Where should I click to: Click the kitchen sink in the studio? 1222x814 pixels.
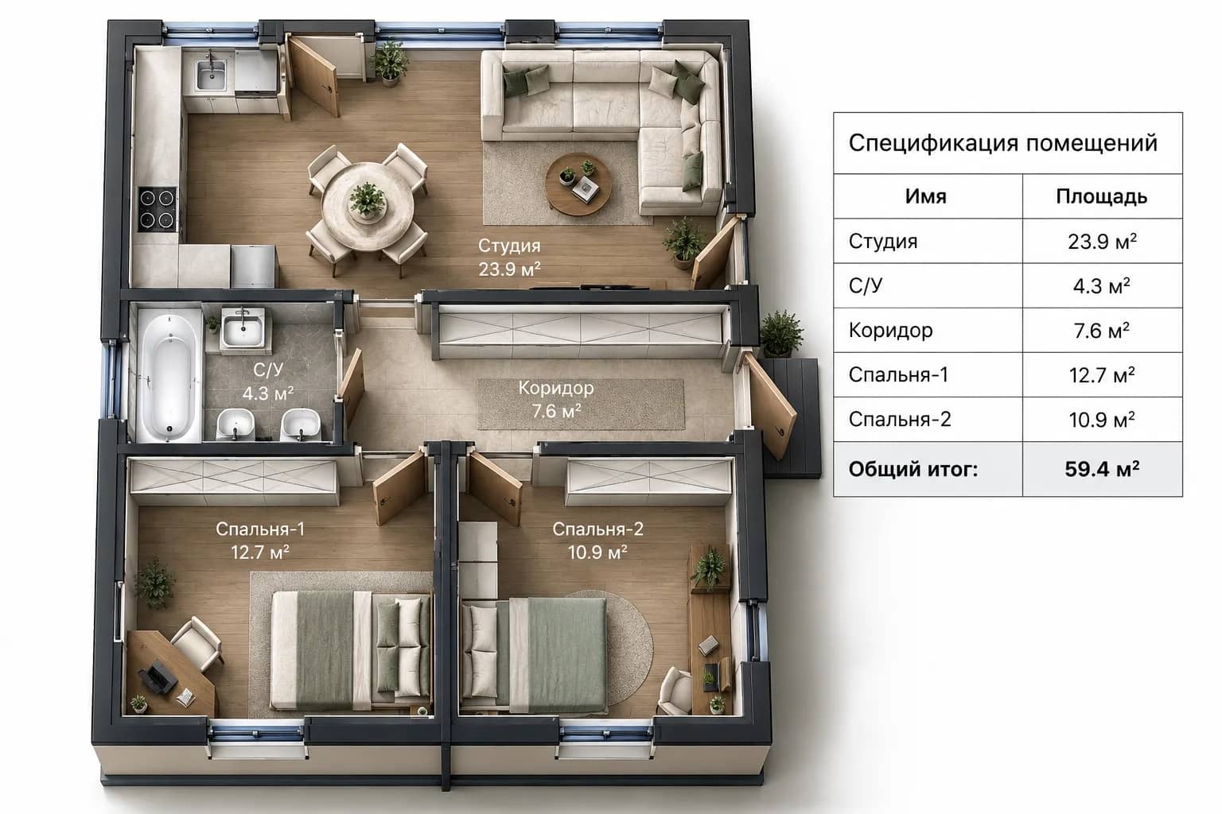tap(211, 74)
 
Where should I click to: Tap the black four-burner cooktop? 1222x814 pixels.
tap(157, 209)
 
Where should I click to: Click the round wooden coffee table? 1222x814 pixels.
tap(578, 183)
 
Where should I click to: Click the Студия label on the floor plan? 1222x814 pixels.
tap(509, 246)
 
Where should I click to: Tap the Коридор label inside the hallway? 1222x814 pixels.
tap(556, 388)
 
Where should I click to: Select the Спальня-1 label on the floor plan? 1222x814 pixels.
tap(260, 529)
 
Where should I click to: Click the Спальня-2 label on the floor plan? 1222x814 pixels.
tap(598, 529)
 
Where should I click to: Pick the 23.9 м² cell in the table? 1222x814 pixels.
tap(1102, 242)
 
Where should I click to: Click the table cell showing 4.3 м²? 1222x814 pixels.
tap(1102, 286)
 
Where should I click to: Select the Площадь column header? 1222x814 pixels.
tap(1101, 196)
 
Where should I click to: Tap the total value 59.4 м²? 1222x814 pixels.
tap(1102, 469)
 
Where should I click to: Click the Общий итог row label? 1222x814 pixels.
tap(913, 469)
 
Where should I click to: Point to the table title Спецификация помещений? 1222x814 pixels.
tap(1002, 143)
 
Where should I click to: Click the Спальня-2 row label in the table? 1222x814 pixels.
tap(900, 419)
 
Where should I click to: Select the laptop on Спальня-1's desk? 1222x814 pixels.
tap(157, 679)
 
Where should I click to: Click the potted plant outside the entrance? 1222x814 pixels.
tap(781, 333)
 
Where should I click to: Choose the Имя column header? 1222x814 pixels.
tap(926, 196)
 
